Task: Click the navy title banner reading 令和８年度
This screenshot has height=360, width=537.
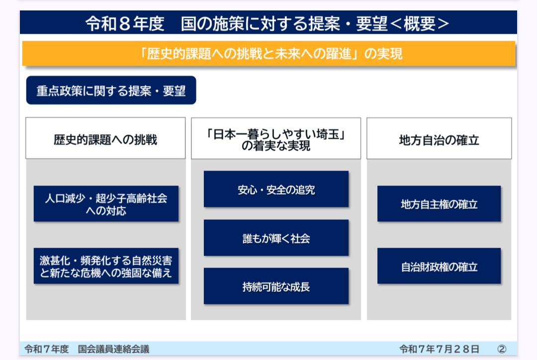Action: [268, 22]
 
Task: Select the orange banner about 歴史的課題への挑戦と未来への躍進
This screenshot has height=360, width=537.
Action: [269, 53]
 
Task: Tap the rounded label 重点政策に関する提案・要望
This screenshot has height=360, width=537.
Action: [111, 90]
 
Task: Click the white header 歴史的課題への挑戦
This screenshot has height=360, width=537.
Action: [105, 138]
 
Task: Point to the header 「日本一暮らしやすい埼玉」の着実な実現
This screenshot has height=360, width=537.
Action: [276, 138]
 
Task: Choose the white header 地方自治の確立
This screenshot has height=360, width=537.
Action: [439, 138]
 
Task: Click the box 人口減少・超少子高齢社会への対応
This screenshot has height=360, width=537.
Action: [106, 204]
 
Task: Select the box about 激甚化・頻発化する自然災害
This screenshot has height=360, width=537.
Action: [106, 266]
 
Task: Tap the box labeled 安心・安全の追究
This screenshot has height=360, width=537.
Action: [276, 189]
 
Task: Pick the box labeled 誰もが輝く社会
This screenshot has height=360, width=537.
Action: [276, 238]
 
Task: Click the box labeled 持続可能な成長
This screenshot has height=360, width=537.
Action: [276, 286]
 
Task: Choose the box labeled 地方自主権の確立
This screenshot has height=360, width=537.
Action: [439, 204]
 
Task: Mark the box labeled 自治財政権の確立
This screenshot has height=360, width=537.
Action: [439, 266]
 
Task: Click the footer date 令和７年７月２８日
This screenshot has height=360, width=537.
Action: [440, 349]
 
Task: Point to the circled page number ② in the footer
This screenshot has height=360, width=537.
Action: [502, 349]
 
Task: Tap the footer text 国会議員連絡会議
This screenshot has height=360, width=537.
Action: [114, 349]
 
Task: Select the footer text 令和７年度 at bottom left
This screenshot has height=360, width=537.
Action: [47, 349]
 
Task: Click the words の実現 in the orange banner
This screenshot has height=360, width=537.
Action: [383, 54]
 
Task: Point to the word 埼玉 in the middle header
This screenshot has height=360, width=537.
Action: [328, 134]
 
